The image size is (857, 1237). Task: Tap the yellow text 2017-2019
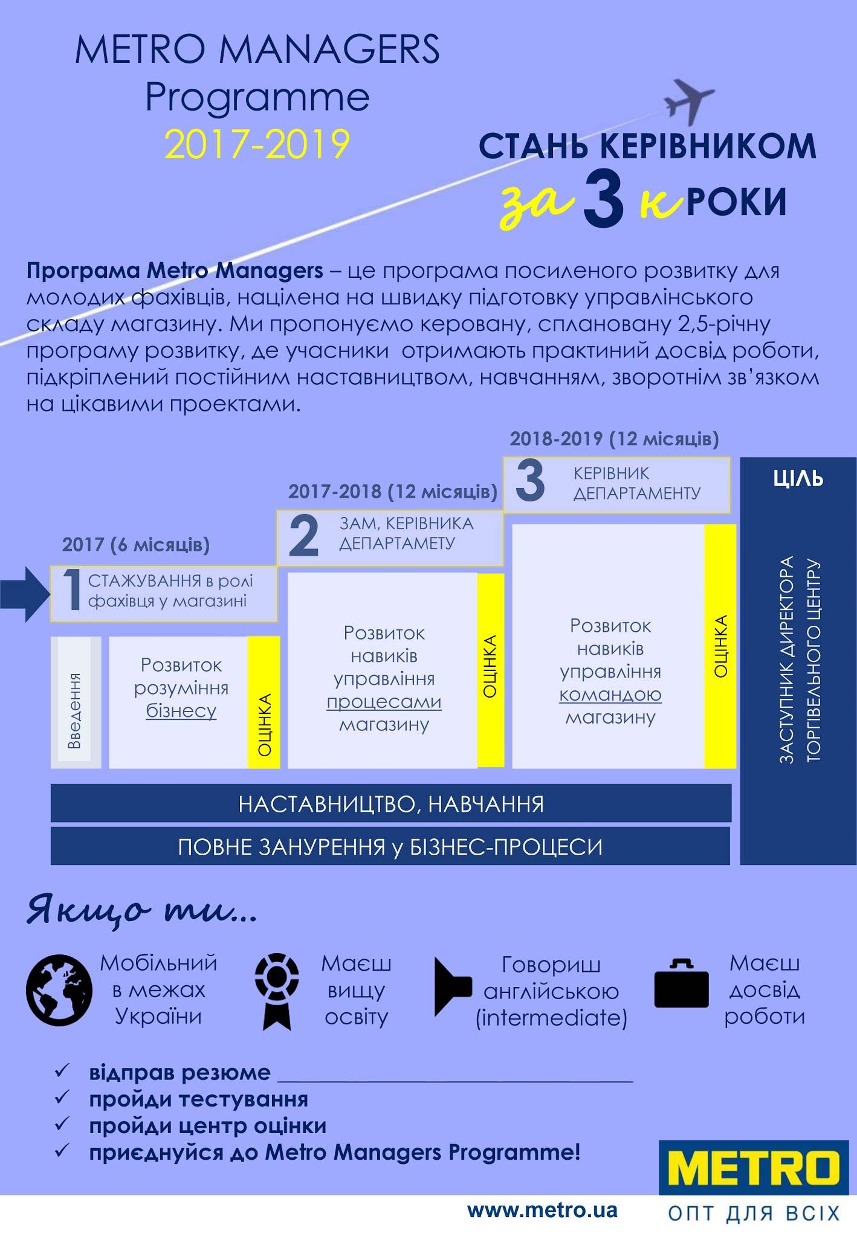(x=257, y=144)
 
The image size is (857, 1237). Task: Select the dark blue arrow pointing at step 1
(x=25, y=594)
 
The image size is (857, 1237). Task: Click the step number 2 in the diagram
(x=303, y=536)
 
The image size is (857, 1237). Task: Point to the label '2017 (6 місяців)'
(x=136, y=545)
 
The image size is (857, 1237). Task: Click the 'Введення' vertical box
(x=76, y=702)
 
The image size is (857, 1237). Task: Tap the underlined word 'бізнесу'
(x=181, y=711)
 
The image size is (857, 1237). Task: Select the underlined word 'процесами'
(x=384, y=702)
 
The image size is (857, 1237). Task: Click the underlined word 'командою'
(x=610, y=695)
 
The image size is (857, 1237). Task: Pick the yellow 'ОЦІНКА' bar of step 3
(x=720, y=646)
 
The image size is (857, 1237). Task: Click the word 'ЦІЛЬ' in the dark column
(x=798, y=478)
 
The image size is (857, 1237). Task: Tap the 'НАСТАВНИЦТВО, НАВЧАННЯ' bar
(x=391, y=803)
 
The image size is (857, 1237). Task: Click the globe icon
(x=59, y=990)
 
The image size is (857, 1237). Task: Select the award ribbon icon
(x=277, y=991)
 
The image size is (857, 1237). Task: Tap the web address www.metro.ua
(x=542, y=1210)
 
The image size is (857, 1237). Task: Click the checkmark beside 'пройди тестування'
(x=62, y=1097)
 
